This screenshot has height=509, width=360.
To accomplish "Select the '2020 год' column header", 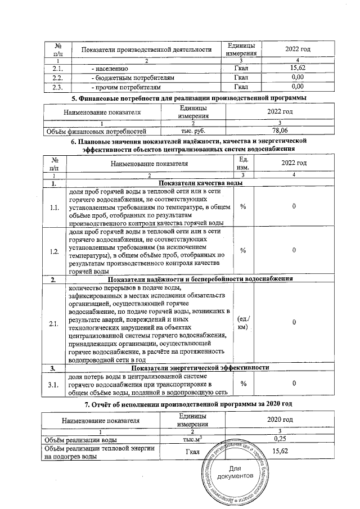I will point(280,420).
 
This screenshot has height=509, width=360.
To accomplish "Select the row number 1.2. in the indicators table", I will point(55,251).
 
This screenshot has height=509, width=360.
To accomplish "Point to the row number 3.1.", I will point(55,385).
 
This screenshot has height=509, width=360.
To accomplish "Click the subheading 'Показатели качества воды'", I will point(201,183).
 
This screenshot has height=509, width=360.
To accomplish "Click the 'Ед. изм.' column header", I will point(244,163).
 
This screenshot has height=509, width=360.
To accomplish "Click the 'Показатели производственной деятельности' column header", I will point(146,49).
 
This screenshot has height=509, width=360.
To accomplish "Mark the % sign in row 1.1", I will point(244,207).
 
